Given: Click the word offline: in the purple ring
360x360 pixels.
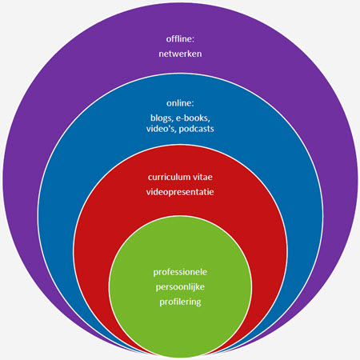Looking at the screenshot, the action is [x=180, y=39].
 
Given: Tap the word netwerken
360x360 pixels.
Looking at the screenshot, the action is [x=180, y=54].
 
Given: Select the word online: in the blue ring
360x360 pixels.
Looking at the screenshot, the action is [x=180, y=103].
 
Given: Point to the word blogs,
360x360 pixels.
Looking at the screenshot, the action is [x=162, y=118].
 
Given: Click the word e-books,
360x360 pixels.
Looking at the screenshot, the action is [x=193, y=118].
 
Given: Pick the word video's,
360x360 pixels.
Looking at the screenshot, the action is [x=162, y=129].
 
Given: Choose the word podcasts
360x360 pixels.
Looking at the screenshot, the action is [x=197, y=129].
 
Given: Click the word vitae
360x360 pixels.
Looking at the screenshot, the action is [x=202, y=177].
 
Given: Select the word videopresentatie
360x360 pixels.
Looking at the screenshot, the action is [x=180, y=192].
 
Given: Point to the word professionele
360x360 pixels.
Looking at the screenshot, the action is [x=180, y=272].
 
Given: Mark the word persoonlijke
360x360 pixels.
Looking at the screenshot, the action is [x=180, y=287].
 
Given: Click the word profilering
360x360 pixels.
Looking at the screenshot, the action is [x=180, y=302].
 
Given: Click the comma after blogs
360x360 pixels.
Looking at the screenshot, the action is [x=172, y=121].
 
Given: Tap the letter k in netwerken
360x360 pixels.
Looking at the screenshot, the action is [x=191, y=54].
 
